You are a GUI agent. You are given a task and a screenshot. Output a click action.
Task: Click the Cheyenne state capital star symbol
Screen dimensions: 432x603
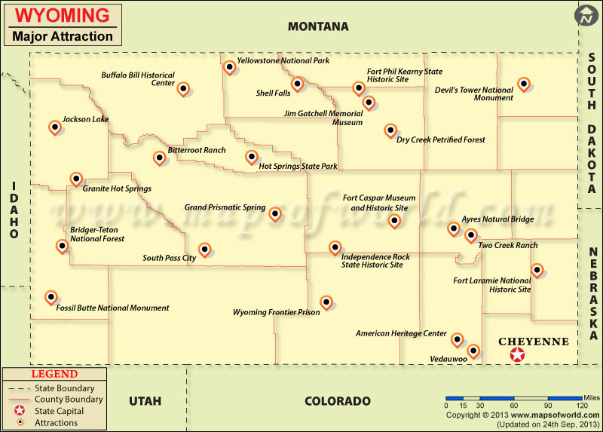pos(517,355)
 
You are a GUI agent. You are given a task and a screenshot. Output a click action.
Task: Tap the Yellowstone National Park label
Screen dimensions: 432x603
pos(283,60)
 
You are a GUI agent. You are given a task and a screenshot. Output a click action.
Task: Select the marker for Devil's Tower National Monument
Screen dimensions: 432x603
pos(524,84)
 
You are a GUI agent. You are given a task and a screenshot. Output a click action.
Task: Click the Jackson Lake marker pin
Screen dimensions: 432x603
pos(54,127)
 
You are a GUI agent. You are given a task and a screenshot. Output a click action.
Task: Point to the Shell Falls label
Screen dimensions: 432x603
pos(273,93)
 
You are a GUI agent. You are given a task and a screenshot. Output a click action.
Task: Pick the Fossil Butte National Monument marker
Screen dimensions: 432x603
pos(51,297)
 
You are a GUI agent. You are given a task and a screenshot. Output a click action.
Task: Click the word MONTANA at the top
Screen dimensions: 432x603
pos(318,26)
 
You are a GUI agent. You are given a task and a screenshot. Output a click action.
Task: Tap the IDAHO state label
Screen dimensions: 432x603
pos(14,210)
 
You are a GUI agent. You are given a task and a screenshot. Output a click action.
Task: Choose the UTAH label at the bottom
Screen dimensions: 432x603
pos(145,401)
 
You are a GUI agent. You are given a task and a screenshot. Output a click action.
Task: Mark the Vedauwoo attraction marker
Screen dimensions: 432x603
pos(473,350)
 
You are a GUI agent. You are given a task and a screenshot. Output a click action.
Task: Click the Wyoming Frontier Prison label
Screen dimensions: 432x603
pos(276,312)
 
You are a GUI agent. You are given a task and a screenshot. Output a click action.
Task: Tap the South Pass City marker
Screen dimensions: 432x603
pos(204,249)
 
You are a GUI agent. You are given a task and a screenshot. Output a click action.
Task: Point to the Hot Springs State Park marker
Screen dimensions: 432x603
pos(252,157)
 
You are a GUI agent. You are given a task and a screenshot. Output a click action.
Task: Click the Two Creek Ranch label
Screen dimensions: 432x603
pos(507,245)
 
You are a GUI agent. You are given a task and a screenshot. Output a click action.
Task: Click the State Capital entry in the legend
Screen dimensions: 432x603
pos(59,411)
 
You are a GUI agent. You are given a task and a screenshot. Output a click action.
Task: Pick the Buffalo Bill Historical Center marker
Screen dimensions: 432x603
pos(182,88)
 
